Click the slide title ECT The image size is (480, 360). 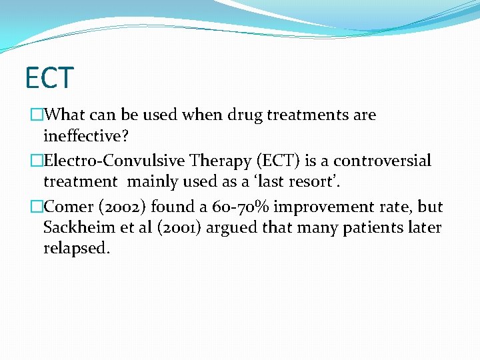click(49, 77)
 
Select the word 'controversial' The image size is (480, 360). click(383, 161)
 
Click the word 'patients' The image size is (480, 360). click(354, 228)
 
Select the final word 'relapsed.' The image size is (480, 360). click(76, 249)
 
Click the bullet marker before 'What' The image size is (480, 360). click(37, 115)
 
